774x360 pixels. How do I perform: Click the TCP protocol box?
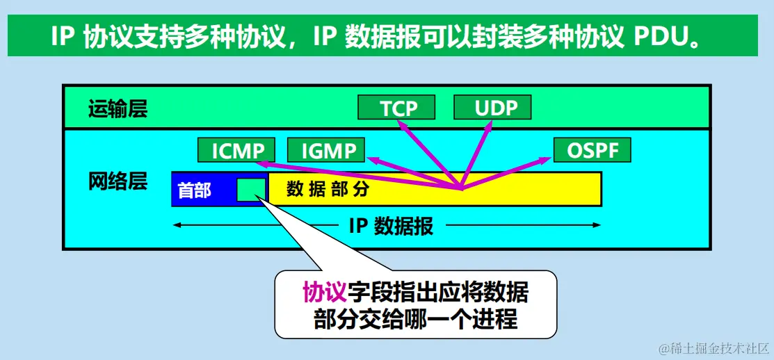pos(396,108)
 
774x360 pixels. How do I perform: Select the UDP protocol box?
pos(492,108)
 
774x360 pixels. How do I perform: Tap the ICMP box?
pos(236,150)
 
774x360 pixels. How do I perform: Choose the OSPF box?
pos(592,150)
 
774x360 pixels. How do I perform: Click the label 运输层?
pos(118,109)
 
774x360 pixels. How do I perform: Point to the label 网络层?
pos(118,182)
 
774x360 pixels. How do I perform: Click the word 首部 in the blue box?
pos(195,190)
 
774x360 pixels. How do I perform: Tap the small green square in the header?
pos(251,189)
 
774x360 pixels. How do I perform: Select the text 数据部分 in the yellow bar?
pos(328,189)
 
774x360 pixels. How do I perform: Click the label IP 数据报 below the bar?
pos(390,225)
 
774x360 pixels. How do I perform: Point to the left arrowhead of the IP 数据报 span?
pos(177,225)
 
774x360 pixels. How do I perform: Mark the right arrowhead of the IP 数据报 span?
pos(597,225)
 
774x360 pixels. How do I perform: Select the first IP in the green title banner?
pos(63,35)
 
